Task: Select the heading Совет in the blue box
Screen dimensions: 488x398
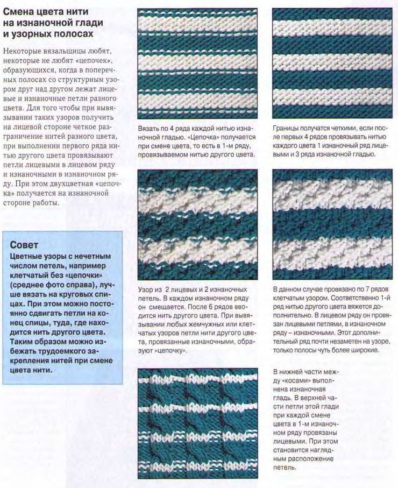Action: click(x=24, y=245)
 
